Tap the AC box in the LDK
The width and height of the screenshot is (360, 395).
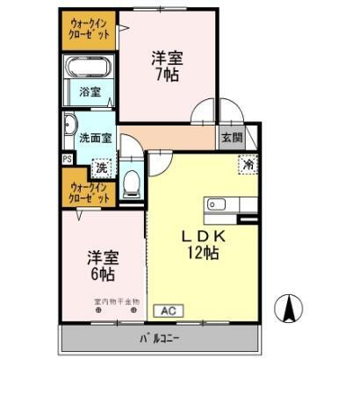pyautogui.click(x=170, y=310)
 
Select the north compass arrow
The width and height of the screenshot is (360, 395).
pyautogui.click(x=289, y=308)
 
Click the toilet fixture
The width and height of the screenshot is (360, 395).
pyautogui.click(x=132, y=182)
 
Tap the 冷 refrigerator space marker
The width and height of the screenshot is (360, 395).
pyautogui.click(x=248, y=162)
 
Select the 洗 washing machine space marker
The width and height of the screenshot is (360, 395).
pyautogui.click(x=102, y=166)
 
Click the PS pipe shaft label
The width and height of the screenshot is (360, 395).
pyautogui.click(x=66, y=159)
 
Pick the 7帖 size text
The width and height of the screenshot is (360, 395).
pyautogui.click(x=166, y=75)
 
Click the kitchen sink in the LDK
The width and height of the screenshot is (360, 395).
pyautogui.click(x=217, y=206)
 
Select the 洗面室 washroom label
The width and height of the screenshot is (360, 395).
pyautogui.click(x=95, y=138)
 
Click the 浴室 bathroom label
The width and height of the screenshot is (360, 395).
pyautogui.click(x=90, y=90)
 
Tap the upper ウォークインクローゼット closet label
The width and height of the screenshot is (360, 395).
pyautogui.click(x=89, y=29)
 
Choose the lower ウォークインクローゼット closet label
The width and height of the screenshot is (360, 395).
pyautogui.click(x=89, y=192)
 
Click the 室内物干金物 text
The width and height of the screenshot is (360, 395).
pyautogui.click(x=117, y=302)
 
